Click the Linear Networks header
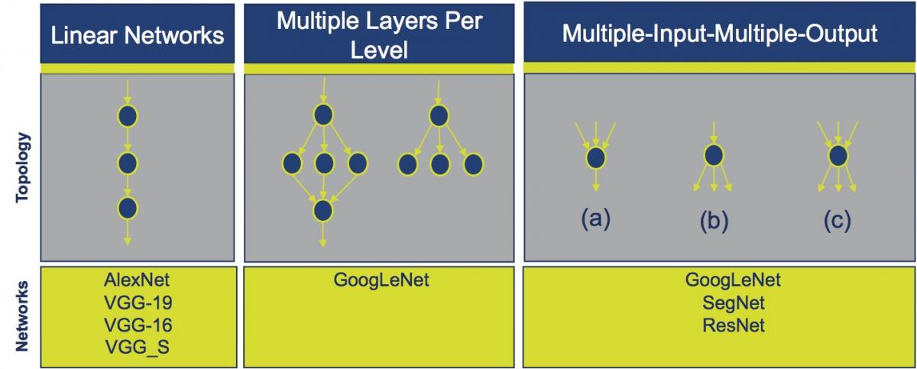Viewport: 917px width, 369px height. (x=138, y=35)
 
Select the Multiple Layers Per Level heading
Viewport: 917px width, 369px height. (x=380, y=35)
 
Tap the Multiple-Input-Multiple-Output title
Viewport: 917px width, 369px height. (x=720, y=34)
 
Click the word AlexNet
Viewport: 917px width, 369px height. (x=137, y=280)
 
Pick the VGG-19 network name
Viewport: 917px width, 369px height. (x=138, y=303)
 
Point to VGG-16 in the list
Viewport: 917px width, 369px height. (x=138, y=325)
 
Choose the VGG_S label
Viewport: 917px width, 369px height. (x=138, y=348)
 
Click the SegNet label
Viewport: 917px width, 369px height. (x=734, y=303)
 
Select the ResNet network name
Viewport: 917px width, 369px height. (x=734, y=325)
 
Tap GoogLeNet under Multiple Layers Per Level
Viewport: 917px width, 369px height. (x=381, y=280)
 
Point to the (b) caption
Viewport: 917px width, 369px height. (x=714, y=221)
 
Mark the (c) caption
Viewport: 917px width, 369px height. (x=838, y=221)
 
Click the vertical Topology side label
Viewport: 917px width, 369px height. (x=22, y=167)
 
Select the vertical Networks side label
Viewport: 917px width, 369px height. (x=22, y=316)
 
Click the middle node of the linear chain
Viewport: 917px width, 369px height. (x=128, y=163)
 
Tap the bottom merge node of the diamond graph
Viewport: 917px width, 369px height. (x=323, y=211)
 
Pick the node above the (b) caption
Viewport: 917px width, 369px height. (x=714, y=155)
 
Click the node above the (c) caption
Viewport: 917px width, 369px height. (x=838, y=156)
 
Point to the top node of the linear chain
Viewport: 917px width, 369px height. (x=128, y=116)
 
